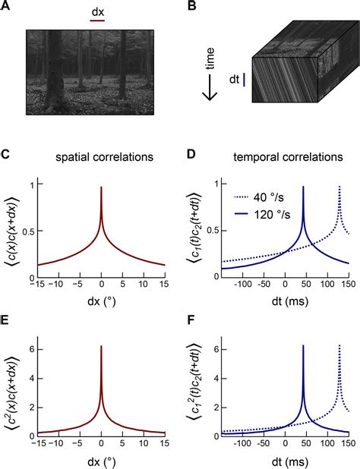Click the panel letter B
pos(193,7)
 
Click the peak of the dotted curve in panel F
pos(339,346)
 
